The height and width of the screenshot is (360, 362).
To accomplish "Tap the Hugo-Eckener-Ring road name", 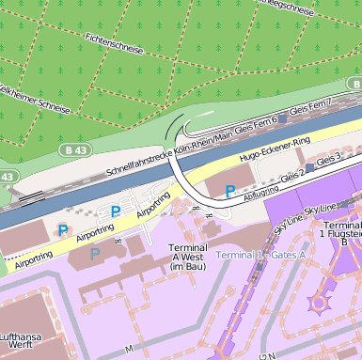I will (x=275, y=149).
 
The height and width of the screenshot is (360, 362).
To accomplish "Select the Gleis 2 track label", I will (x=293, y=174).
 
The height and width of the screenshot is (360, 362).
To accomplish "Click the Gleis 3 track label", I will (x=329, y=161).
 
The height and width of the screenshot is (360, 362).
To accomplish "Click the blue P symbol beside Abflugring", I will (x=230, y=191).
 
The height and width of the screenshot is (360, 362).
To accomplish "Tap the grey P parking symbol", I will (x=94, y=254).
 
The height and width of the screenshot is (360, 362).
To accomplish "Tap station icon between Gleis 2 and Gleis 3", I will (x=310, y=167).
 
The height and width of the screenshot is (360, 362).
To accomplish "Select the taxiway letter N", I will (x=271, y=355).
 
